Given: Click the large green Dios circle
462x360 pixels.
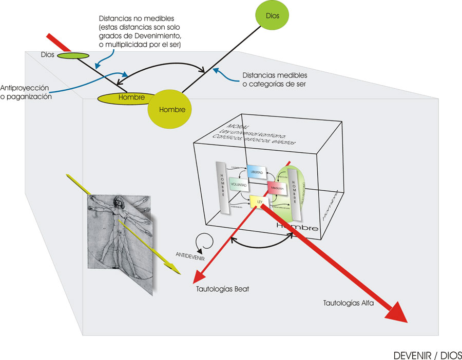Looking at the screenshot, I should click(273, 16).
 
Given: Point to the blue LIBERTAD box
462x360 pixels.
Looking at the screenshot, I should click(257, 172).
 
